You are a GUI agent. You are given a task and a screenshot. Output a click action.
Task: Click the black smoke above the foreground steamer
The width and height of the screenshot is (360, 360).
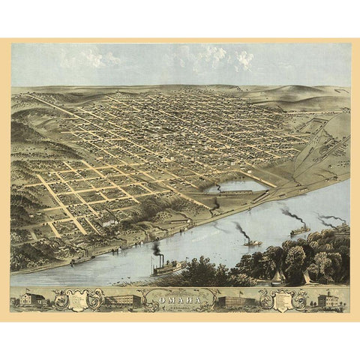click(x=156, y=247)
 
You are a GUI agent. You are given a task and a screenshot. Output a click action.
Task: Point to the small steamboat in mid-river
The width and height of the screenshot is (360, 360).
click(x=252, y=242)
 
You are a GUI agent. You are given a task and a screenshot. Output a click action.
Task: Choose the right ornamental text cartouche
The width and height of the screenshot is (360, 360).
click(x=280, y=300)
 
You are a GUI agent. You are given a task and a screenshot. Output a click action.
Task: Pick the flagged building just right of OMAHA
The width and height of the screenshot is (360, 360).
click(x=234, y=301)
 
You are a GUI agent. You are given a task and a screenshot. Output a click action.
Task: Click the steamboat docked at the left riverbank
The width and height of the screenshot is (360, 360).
click(x=81, y=259)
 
